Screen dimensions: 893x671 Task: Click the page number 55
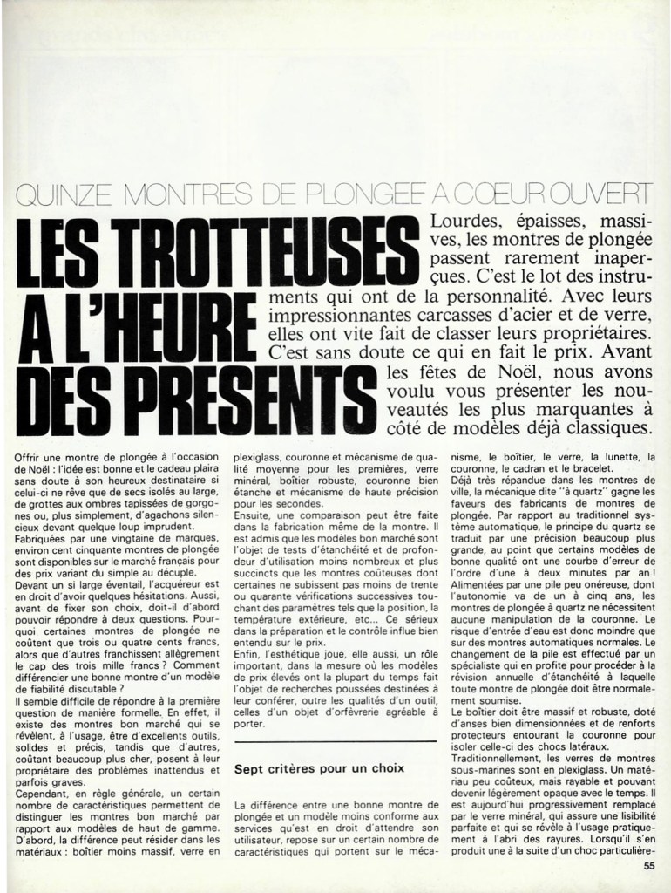click(x=648, y=866)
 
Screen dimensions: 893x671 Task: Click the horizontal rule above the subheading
click(x=335, y=742)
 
